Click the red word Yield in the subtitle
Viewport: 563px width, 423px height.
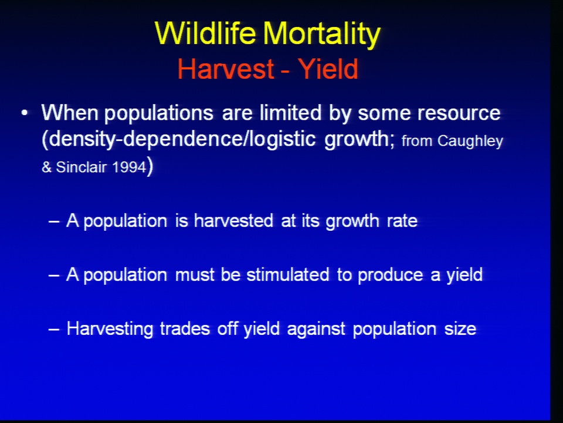point(328,69)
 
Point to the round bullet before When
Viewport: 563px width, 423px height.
point(25,113)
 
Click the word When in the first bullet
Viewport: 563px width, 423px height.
point(70,113)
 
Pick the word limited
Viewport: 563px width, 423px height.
point(290,113)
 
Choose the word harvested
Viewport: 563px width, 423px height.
point(233,220)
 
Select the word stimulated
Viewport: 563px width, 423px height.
point(288,274)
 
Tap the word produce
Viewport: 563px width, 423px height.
point(391,276)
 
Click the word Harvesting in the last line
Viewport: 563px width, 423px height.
point(110,330)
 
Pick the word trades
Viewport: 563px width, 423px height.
point(185,329)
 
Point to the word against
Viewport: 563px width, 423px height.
point(316,330)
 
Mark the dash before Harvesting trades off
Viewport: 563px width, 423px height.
point(54,329)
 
